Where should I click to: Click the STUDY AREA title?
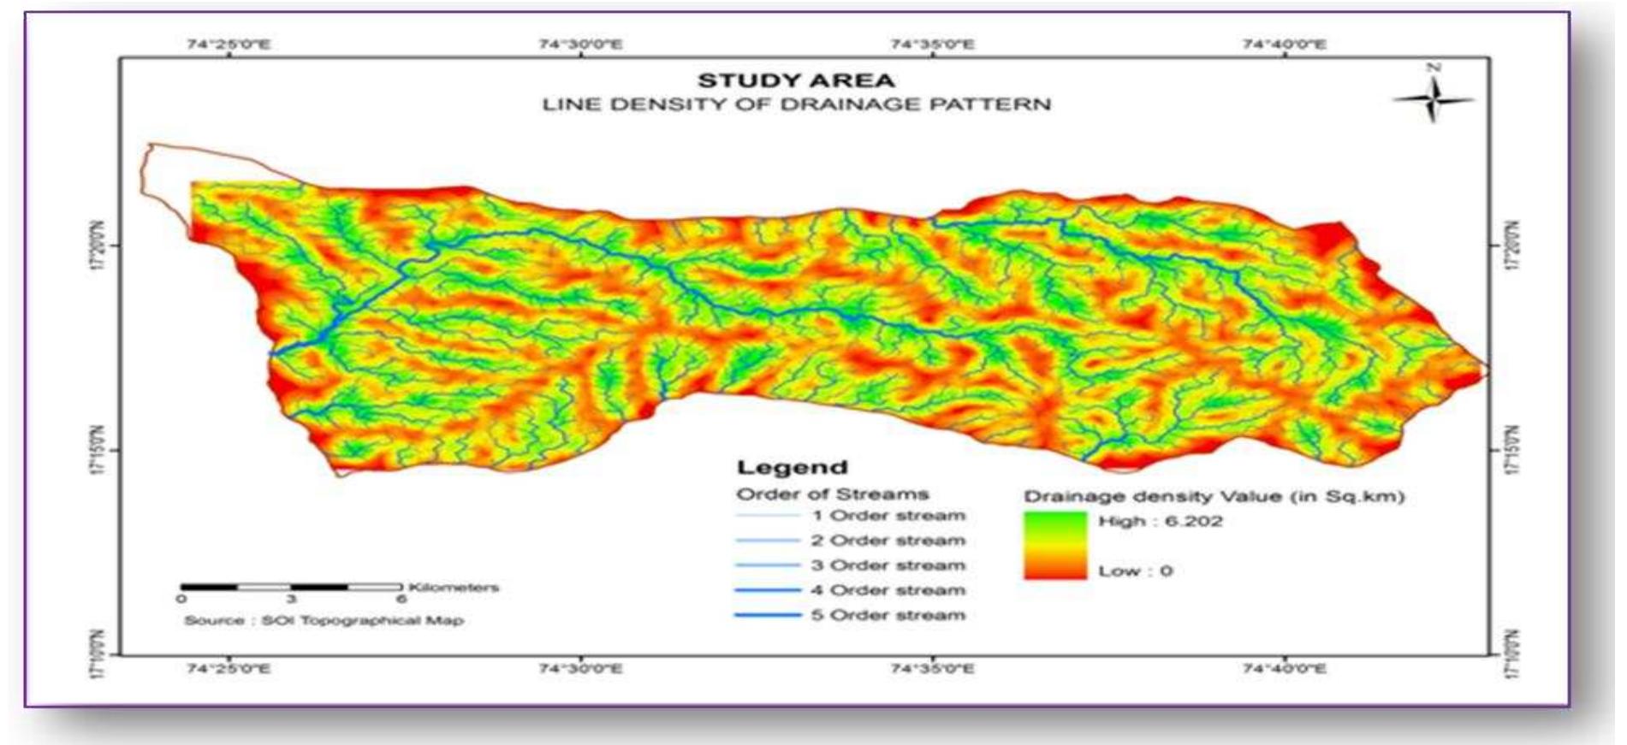click(x=796, y=81)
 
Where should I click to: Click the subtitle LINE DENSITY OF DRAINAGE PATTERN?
click(x=796, y=105)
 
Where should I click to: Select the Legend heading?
click(x=792, y=468)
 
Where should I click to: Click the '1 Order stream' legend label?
click(x=888, y=516)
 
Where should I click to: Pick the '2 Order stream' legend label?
click(x=888, y=541)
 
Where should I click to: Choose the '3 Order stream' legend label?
click(x=888, y=565)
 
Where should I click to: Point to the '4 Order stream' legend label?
click(x=888, y=590)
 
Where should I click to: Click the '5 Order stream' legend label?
click(x=888, y=615)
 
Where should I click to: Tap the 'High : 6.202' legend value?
click(x=1161, y=521)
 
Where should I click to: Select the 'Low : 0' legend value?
click(x=1135, y=571)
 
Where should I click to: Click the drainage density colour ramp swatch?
click(x=1054, y=546)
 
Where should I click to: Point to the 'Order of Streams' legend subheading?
click(x=832, y=494)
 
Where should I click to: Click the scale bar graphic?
click(x=291, y=588)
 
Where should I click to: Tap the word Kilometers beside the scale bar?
click(x=454, y=588)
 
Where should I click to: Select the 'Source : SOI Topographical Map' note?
click(x=324, y=620)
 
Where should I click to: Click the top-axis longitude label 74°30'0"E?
click(x=581, y=44)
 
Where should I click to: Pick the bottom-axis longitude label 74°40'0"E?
click(x=1284, y=668)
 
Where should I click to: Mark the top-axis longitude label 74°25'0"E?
click(x=229, y=44)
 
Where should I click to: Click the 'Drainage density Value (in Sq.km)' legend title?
click(x=1214, y=496)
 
